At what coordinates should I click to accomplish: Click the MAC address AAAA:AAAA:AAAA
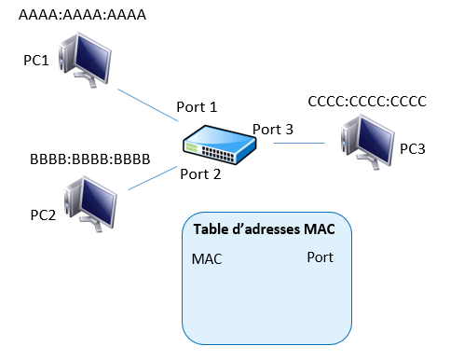click(x=82, y=15)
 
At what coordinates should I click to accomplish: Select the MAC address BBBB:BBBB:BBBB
click(x=90, y=159)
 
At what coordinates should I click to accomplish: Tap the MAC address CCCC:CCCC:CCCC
click(x=367, y=102)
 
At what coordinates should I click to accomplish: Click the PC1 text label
click(x=36, y=60)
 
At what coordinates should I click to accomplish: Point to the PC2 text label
click(x=43, y=215)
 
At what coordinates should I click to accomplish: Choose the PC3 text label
click(x=413, y=149)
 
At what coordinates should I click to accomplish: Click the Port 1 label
click(x=197, y=107)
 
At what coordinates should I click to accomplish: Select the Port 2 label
click(x=200, y=174)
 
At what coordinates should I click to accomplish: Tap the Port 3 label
click(x=273, y=130)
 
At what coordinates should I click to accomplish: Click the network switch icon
click(x=220, y=145)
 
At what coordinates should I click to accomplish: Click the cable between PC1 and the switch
click(x=148, y=105)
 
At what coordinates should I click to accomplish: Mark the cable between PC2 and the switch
click(x=153, y=178)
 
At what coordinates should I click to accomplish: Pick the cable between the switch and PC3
click(x=299, y=144)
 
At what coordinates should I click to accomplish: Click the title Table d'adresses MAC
click(x=265, y=229)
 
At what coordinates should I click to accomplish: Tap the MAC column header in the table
click(x=207, y=259)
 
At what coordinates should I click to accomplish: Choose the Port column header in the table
click(x=320, y=257)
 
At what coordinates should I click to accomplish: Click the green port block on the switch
click(x=192, y=147)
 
